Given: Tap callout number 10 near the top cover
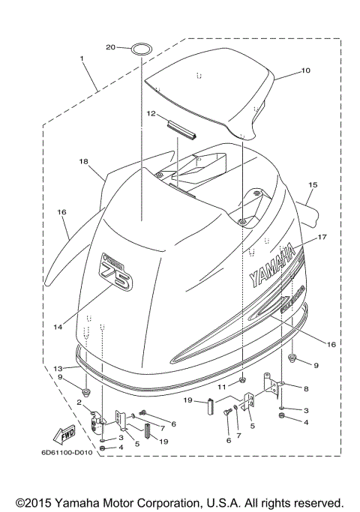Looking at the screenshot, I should tap(305, 70).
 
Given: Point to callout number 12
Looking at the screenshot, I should tap(151, 114).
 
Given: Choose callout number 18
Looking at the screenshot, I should tap(83, 161).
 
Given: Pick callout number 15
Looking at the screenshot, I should tap(313, 184).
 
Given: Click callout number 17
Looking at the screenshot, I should tap(322, 237).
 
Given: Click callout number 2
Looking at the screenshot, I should tap(79, 403).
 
